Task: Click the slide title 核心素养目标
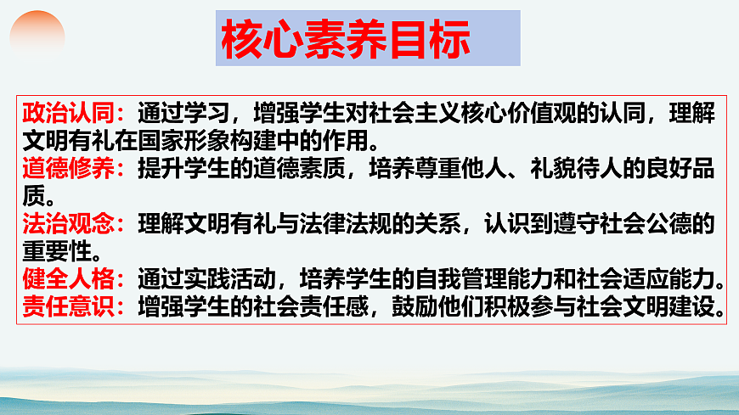tap(345, 39)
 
